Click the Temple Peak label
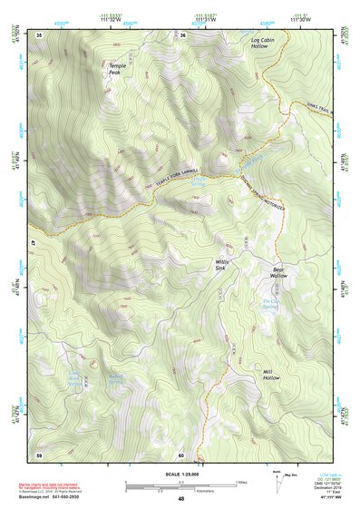pos(118,69)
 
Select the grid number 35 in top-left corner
pos(39,34)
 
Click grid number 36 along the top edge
pos(182,34)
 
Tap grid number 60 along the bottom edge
pos(181,454)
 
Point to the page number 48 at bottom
pos(180,498)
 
